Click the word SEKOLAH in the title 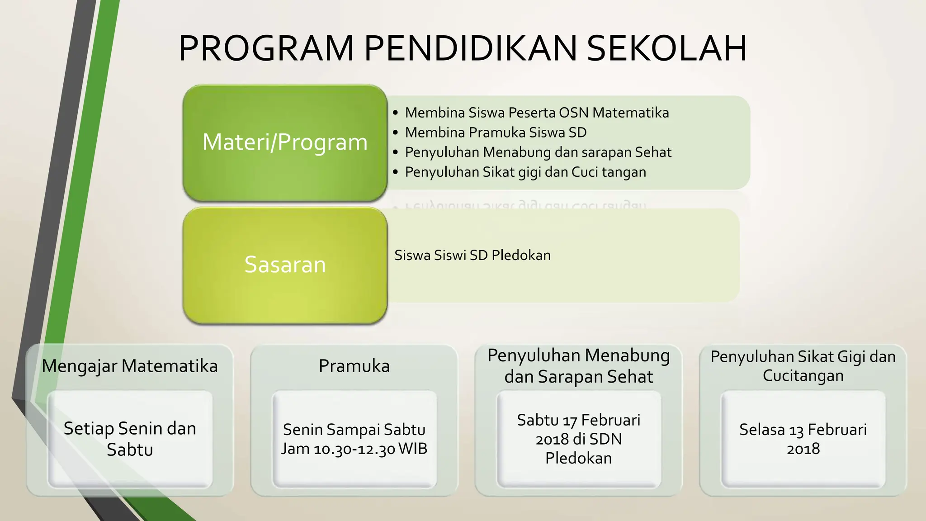666,48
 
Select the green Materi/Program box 285,142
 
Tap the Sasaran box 285,265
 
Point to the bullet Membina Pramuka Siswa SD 496,133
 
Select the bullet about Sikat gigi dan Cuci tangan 525,172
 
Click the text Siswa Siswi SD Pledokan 472,256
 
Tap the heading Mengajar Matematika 130,366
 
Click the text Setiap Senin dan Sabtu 130,439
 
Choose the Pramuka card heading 354,366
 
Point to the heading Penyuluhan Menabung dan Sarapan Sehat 578,366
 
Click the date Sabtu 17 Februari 578,420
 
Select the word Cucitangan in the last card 803,376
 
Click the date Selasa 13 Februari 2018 803,439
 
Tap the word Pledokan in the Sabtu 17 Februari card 578,458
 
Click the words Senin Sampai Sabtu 354,429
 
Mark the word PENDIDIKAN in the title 470,48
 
